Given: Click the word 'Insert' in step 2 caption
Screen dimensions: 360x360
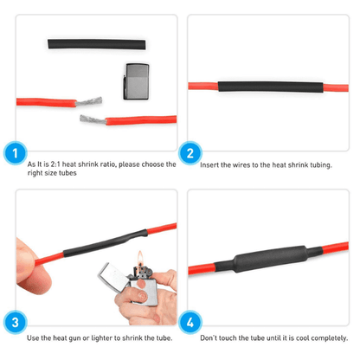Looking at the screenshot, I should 210,164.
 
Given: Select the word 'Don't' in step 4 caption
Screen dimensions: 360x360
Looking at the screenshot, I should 210,337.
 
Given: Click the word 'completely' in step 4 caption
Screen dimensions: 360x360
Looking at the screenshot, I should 317,337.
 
